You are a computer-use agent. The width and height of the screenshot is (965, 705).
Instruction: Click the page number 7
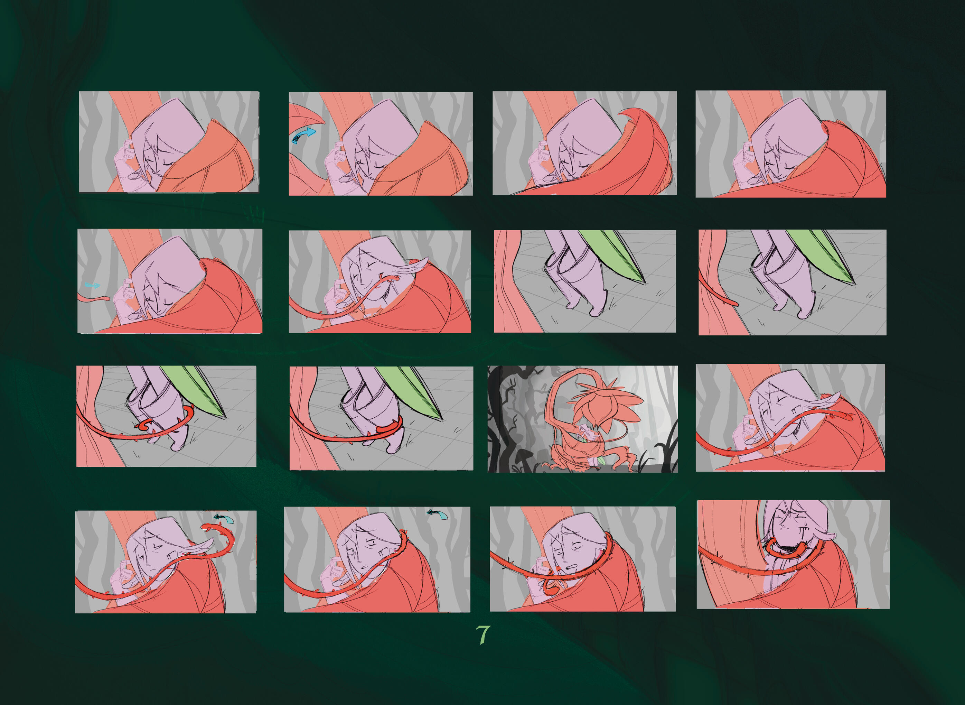[482, 635]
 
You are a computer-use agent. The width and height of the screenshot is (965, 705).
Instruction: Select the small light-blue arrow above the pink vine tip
[92, 285]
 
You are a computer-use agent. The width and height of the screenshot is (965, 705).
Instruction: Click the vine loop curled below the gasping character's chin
[550, 586]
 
